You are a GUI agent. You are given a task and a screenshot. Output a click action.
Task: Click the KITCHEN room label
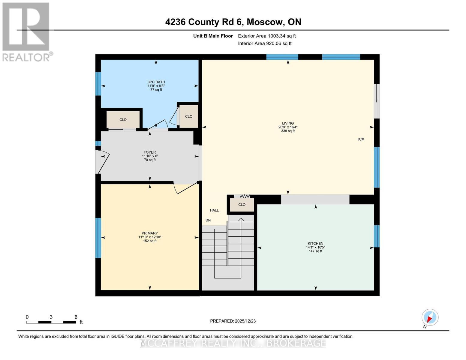pyautogui.click(x=315, y=244)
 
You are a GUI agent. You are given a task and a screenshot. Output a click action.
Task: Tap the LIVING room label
pyautogui.click(x=288, y=123)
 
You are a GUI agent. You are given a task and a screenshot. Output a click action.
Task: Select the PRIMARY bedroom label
pyautogui.click(x=150, y=233)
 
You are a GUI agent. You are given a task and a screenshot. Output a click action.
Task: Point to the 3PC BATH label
pyautogui.click(x=156, y=82)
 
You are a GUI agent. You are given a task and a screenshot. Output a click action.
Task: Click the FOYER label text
pyautogui.click(x=149, y=152)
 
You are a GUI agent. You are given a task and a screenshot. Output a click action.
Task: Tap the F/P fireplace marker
pyautogui.click(x=361, y=139)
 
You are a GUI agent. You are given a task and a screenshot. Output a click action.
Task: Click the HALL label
pyautogui.click(x=214, y=210)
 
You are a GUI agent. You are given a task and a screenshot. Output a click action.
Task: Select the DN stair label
pyautogui.click(x=208, y=220)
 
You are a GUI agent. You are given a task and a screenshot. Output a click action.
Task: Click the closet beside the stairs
pyautogui.click(x=242, y=205)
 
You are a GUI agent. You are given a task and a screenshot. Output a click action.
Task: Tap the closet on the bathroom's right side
pyautogui.click(x=189, y=116)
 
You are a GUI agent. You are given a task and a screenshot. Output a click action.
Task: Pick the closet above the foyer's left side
pyautogui.click(x=123, y=119)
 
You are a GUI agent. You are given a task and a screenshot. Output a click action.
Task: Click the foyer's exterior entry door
pyautogui.click(x=102, y=162)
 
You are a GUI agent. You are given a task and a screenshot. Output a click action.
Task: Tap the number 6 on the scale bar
pyautogui.click(x=76, y=317)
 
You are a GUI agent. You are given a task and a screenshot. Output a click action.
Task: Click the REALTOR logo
pyautogui.click(x=26, y=31)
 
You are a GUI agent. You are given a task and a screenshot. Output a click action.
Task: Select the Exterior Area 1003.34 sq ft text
pyautogui.click(x=267, y=36)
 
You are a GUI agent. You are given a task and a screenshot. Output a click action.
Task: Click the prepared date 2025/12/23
pyautogui.click(x=233, y=321)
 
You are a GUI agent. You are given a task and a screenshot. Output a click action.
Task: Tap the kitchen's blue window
pyautogui.click(x=377, y=236)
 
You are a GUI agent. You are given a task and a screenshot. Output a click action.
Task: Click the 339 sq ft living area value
pyautogui.click(x=288, y=131)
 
